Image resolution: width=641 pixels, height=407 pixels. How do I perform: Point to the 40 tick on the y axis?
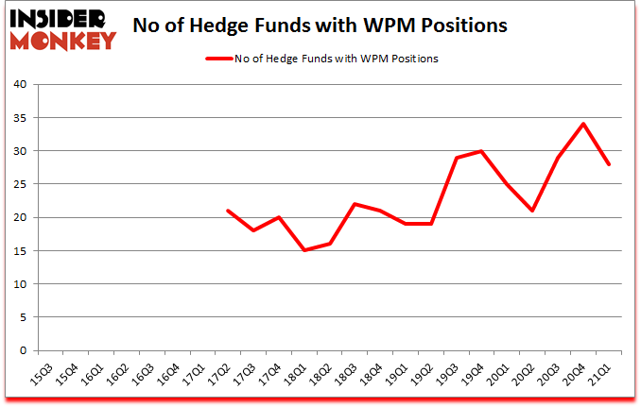coord(22,85)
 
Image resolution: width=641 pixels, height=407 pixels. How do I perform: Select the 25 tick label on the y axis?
coord(22,184)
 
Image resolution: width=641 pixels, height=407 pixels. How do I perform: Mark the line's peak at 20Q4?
coord(583,124)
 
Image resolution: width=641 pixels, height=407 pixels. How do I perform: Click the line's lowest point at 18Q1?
coord(303,250)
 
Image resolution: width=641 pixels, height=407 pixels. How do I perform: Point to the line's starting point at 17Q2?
coord(227,211)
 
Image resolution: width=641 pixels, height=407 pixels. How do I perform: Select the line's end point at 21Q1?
coord(609,164)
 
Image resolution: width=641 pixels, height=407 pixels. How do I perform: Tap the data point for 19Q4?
coord(482,151)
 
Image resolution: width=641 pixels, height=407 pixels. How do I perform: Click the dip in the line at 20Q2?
coord(532,211)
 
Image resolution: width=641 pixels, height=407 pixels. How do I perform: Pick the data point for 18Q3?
coord(355,204)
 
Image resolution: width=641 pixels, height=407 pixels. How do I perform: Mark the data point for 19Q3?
coord(457,158)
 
